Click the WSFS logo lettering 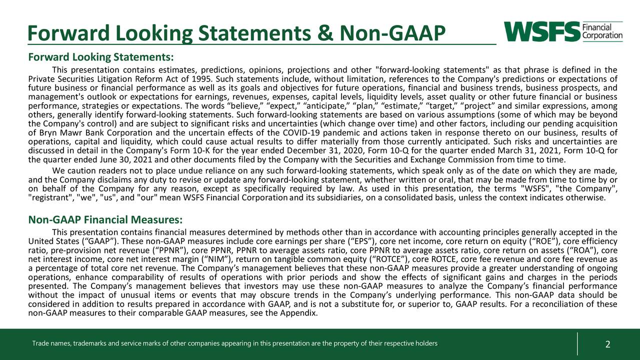(x=541, y=31)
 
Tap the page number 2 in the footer (x=607, y=344)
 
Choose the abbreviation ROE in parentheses (x=538, y=241)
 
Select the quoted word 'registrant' (x=47, y=197)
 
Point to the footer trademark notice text (x=234, y=343)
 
